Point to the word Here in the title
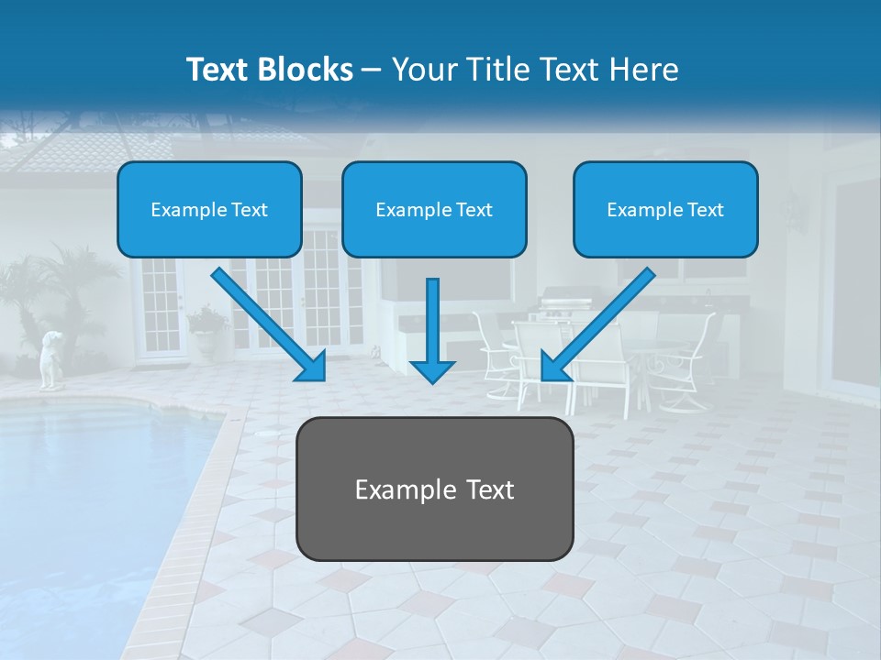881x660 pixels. click(646, 70)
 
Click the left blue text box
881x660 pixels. click(209, 209)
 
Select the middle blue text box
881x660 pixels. click(434, 209)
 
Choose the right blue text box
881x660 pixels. click(665, 209)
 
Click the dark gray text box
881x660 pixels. click(434, 489)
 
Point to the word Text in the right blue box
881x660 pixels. click(705, 210)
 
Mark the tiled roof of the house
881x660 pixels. click(101, 147)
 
